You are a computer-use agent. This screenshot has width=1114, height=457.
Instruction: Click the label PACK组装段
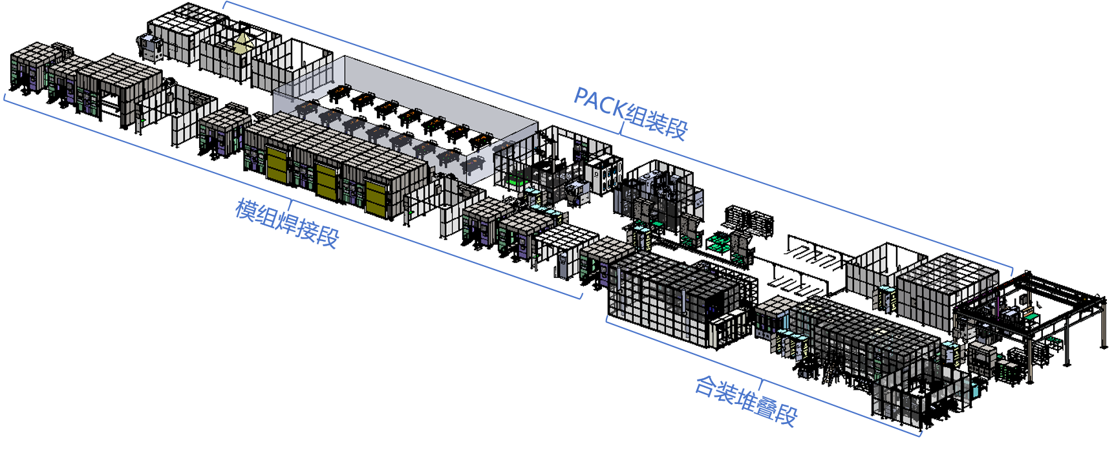pos(630,113)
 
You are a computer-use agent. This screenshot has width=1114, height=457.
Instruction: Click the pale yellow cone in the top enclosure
pos(242,44)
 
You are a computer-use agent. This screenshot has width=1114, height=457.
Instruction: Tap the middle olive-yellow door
pos(327,181)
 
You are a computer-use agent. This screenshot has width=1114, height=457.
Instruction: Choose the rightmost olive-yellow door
pos(376,197)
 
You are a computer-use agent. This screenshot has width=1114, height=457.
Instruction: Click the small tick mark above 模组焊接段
pos(291,205)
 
